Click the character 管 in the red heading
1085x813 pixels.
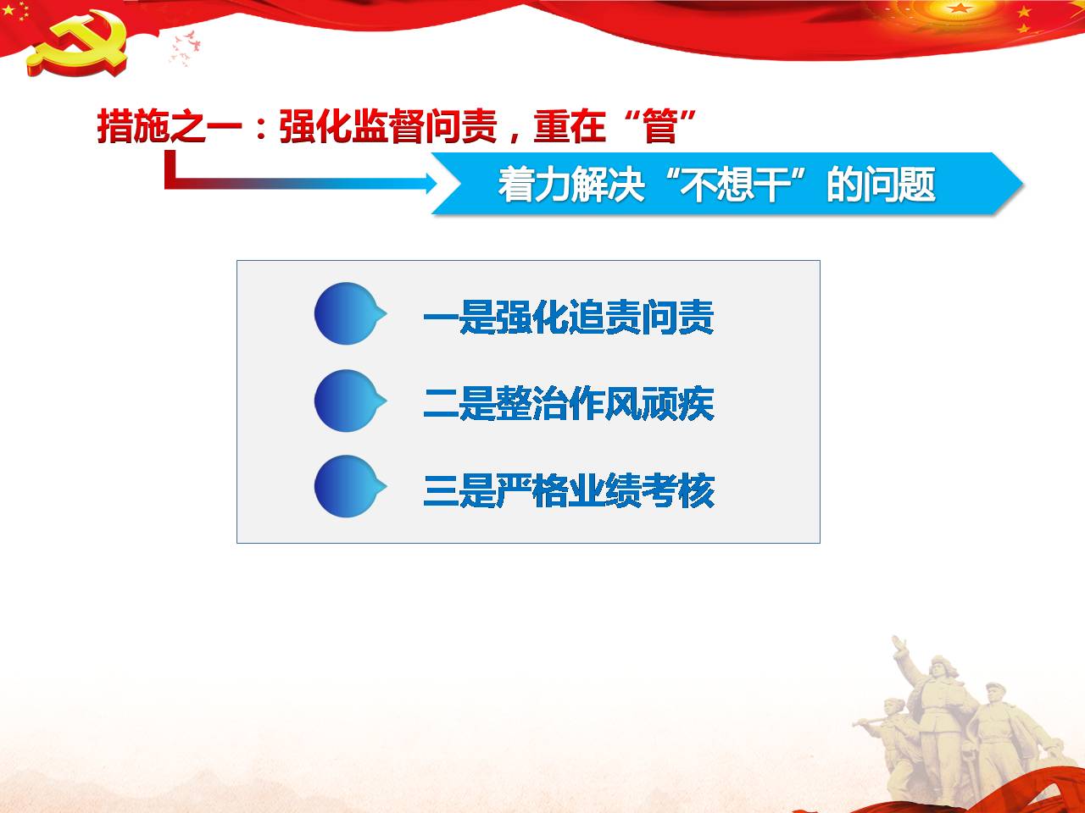(660, 126)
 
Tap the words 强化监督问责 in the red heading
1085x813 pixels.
(388, 126)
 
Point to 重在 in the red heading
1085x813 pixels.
(570, 126)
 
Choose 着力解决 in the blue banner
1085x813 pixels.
(571, 185)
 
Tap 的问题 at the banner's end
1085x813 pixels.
(881, 185)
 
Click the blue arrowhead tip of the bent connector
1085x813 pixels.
(437, 183)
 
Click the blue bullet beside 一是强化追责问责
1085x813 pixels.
(349, 313)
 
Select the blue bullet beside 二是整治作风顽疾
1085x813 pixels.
(349, 401)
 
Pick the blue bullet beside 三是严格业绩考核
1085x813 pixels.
(349, 486)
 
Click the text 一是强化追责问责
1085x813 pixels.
(569, 317)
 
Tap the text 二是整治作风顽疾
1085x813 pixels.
(569, 404)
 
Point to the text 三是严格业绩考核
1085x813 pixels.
(569, 490)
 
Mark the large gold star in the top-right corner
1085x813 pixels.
(960, 8)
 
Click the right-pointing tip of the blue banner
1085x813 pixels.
(1022, 184)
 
